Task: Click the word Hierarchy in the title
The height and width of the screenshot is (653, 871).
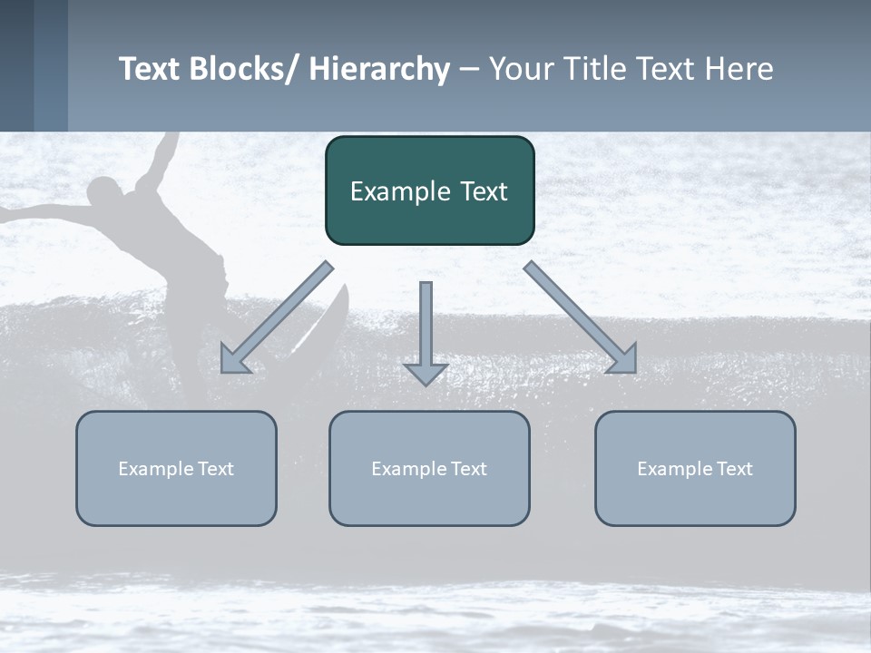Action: (x=379, y=69)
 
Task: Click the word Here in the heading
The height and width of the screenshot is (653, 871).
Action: (x=739, y=69)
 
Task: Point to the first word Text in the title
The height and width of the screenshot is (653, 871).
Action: (x=150, y=69)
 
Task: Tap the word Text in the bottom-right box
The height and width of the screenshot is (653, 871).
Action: (x=733, y=468)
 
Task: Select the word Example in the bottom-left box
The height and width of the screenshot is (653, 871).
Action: (x=156, y=468)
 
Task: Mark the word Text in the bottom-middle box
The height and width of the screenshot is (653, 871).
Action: (x=467, y=468)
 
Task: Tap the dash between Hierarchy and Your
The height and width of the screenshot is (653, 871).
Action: (x=469, y=69)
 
